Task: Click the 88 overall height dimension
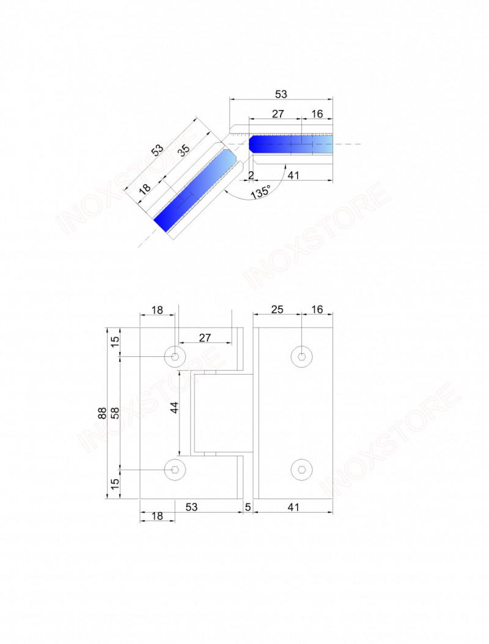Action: (102, 413)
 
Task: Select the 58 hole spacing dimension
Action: (115, 413)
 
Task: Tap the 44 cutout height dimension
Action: (175, 408)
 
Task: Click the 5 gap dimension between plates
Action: (248, 507)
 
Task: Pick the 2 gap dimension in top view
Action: (251, 175)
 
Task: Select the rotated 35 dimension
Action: (184, 150)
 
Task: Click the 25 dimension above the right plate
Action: (278, 309)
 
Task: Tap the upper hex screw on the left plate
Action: (175, 356)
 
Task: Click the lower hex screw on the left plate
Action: (175, 469)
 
